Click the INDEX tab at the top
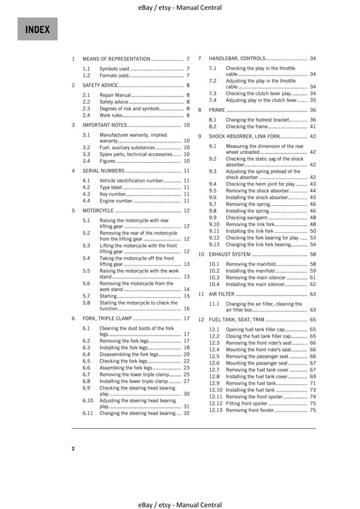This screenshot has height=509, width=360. (x=35, y=30)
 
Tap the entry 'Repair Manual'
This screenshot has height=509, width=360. (x=115, y=96)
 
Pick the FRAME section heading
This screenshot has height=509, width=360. (x=217, y=109)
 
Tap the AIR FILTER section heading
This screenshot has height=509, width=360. (x=222, y=295)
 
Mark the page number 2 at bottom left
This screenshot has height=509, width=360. (x=74, y=448)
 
